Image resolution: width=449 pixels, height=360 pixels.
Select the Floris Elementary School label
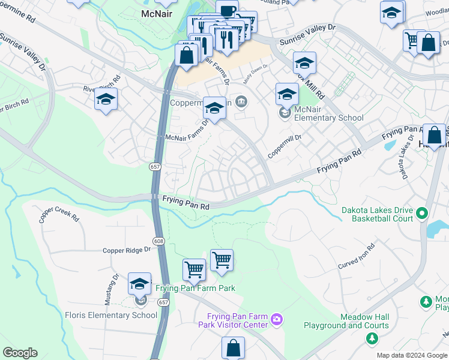point(111,315)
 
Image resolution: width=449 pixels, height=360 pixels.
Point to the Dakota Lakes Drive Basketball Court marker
point(422,213)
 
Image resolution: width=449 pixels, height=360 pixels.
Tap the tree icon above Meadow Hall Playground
point(372,338)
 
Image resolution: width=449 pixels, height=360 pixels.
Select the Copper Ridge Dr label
point(126,250)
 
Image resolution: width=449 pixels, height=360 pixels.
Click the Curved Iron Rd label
point(356,256)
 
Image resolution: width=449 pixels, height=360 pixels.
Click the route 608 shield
point(158,241)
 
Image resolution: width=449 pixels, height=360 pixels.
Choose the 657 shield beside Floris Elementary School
point(164,303)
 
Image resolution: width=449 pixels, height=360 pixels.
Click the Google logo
point(20,353)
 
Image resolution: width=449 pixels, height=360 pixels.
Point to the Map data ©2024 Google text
point(411,355)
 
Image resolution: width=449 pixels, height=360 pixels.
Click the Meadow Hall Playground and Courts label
point(364,322)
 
